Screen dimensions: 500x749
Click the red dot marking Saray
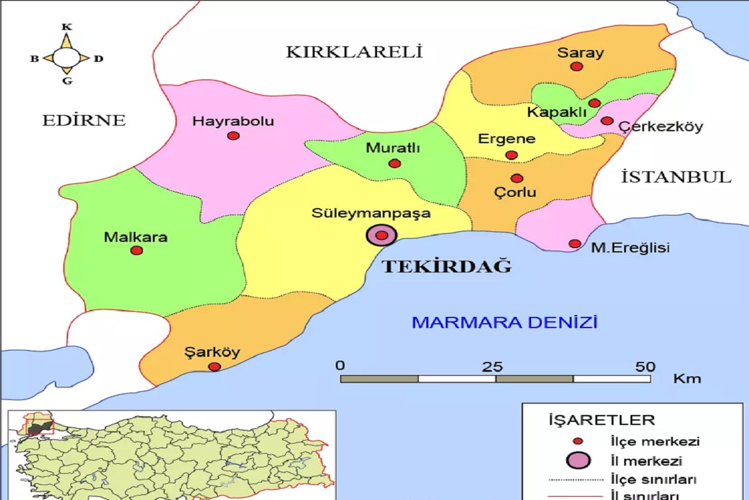(x=577, y=66)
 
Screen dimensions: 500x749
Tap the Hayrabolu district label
(x=233, y=121)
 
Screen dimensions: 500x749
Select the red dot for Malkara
(x=137, y=251)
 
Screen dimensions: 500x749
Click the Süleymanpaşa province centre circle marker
(x=381, y=235)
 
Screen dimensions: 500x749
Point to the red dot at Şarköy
(x=214, y=367)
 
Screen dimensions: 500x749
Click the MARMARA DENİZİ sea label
(x=504, y=322)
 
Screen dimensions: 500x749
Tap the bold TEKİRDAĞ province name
(x=446, y=267)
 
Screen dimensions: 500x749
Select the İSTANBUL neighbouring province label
(x=676, y=177)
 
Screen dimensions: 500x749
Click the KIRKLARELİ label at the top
(x=355, y=52)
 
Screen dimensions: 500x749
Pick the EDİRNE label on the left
(x=84, y=120)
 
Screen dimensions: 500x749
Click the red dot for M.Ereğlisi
(x=575, y=244)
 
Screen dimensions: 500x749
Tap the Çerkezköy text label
(x=660, y=127)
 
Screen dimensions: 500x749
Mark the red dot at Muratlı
(x=394, y=164)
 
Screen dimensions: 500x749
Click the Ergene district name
(x=507, y=139)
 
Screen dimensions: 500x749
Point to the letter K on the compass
(x=67, y=27)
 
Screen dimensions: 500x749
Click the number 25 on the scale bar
(x=494, y=366)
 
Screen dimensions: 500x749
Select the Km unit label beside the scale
(x=687, y=379)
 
